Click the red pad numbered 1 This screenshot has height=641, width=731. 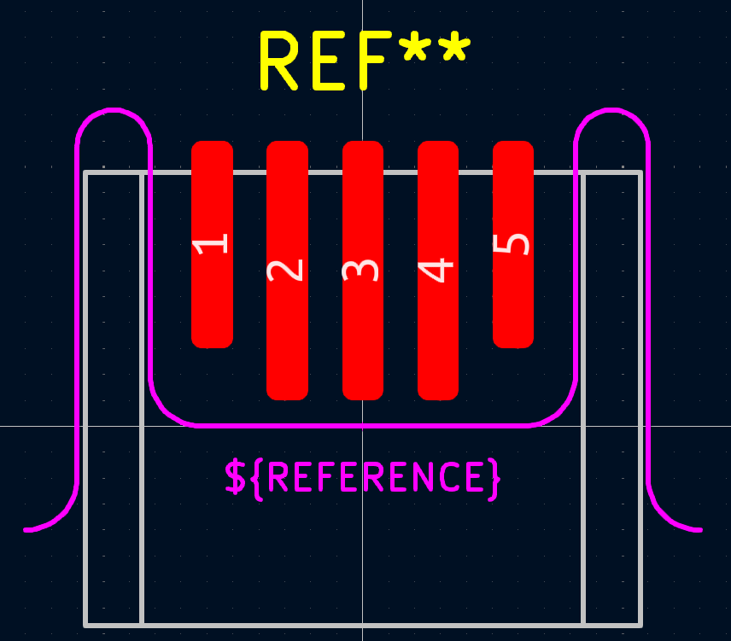[x=212, y=244]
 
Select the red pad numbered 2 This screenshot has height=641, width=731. [x=287, y=271]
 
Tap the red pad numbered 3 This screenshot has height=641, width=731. [x=363, y=271]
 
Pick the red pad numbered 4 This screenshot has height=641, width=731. [x=438, y=271]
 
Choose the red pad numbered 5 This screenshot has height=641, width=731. [x=513, y=244]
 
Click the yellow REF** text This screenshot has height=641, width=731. [x=365, y=60]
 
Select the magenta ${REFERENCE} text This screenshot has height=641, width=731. [x=363, y=479]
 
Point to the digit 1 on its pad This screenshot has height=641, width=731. [x=210, y=243]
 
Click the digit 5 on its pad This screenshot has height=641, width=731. [x=512, y=244]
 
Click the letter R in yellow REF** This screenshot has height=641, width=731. [x=278, y=60]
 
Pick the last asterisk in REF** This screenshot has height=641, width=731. [x=455, y=47]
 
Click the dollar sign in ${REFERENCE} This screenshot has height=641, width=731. [x=235, y=477]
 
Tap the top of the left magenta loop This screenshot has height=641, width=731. [x=114, y=110]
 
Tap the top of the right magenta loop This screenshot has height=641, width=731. [x=611, y=110]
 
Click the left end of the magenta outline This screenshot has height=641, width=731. [x=26, y=530]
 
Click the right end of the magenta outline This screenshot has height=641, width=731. [x=700, y=530]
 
